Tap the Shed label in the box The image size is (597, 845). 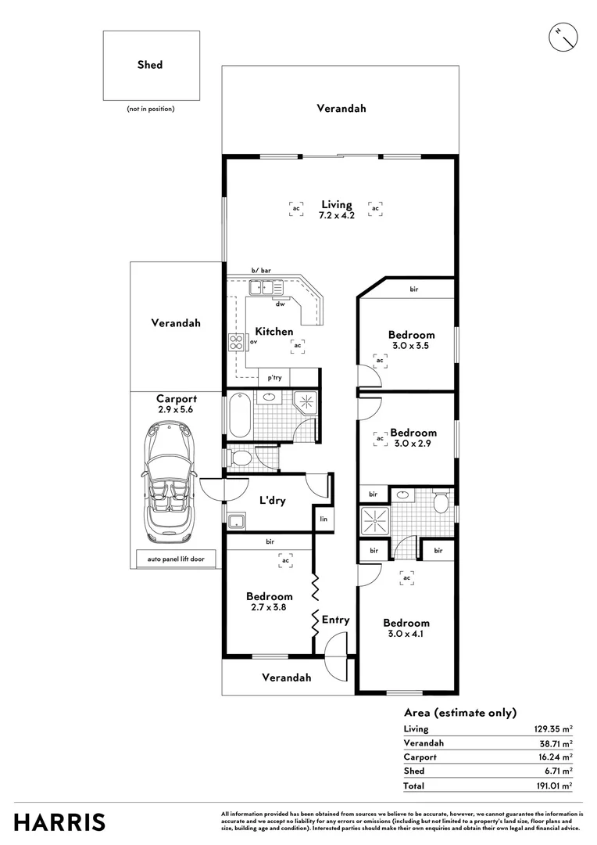[x=150, y=65]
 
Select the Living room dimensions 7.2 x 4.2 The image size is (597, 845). [x=337, y=216]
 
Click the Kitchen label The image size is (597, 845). [x=273, y=332]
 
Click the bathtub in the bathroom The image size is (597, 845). [x=239, y=415]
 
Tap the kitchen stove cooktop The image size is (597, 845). [x=236, y=342]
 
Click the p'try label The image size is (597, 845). [x=274, y=378]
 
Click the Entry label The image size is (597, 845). [x=336, y=620]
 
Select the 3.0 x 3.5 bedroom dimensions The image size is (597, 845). [x=412, y=345]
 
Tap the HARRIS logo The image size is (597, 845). [x=59, y=822]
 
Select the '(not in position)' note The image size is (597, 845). [x=151, y=109]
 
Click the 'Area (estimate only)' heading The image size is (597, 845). [x=460, y=713]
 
